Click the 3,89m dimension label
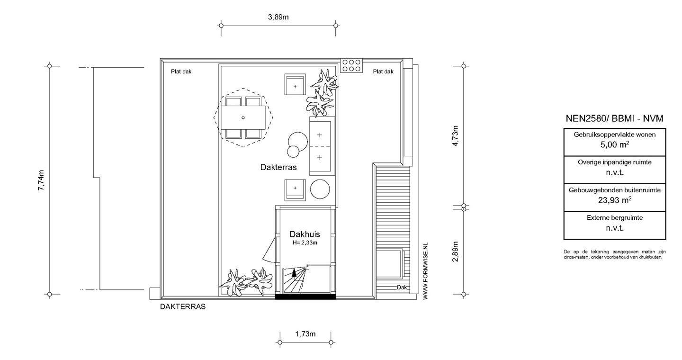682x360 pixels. (278, 17)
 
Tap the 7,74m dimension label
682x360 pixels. (41, 180)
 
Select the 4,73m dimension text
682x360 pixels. (455, 136)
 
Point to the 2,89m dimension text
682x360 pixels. (455, 251)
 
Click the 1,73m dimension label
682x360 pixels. (305, 334)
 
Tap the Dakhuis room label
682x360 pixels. (305, 234)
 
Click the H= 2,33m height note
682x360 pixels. (305, 243)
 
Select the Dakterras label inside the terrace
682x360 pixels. (278, 167)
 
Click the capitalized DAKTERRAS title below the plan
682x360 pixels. (183, 306)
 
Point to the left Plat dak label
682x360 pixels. (181, 72)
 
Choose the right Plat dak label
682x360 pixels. (383, 72)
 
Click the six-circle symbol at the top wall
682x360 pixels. (351, 65)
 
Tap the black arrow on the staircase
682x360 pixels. (294, 273)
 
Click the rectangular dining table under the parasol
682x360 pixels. (243, 117)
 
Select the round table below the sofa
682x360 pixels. (320, 189)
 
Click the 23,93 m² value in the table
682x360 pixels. (614, 200)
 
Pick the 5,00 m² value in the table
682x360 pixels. (614, 144)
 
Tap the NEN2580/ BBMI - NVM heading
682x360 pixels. (614, 118)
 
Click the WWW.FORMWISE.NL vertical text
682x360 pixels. (426, 271)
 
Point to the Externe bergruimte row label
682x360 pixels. (614, 218)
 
